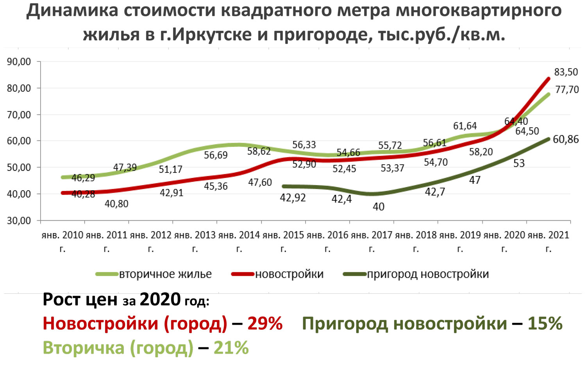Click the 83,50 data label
tap(566, 72)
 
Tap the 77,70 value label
tap(567, 90)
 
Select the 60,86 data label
tap(566, 139)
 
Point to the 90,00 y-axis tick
tap(19, 62)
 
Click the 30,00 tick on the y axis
tap(19, 221)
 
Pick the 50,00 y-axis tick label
tap(19, 167)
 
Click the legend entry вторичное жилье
tap(165, 274)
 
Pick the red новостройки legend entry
tap(289, 274)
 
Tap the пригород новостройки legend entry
tap(428, 274)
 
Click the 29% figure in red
tap(265, 324)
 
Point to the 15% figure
tap(545, 324)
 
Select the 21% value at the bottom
tap(231, 348)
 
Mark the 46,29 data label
tap(83, 178)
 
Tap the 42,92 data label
tap(293, 198)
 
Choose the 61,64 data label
tap(465, 126)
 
